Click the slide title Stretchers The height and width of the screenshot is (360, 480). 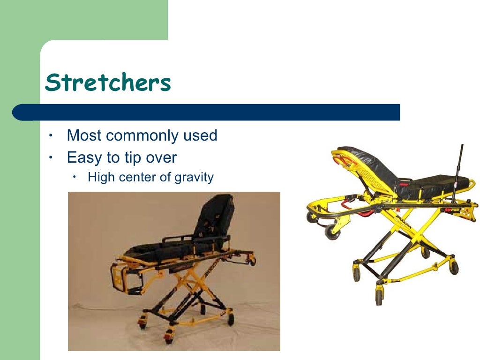(x=108, y=83)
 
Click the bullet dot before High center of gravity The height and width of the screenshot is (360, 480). (x=74, y=177)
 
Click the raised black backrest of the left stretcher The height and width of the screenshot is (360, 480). (x=214, y=216)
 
